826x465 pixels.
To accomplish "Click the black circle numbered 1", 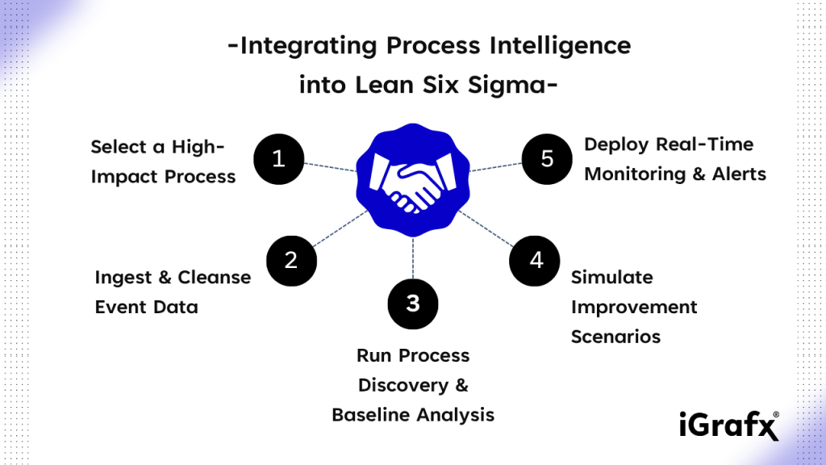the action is pyautogui.click(x=278, y=159).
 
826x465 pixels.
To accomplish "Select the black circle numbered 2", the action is pyautogui.click(x=291, y=261).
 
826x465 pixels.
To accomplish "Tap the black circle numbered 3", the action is pyautogui.click(x=413, y=304).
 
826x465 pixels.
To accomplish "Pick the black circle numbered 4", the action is pyautogui.click(x=535, y=261).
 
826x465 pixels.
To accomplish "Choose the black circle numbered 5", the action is pyautogui.click(x=547, y=159).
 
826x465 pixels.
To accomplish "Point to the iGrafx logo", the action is pyautogui.click(x=729, y=425).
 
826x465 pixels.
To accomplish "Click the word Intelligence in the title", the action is pyautogui.click(x=560, y=46).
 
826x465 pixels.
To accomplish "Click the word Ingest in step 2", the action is pyautogui.click(x=123, y=278).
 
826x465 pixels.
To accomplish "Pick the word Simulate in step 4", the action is pyautogui.click(x=612, y=278).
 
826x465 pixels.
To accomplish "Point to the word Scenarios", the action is pyautogui.click(x=615, y=337).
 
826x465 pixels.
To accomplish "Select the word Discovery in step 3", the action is pyautogui.click(x=403, y=385).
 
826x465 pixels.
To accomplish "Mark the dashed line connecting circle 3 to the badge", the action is pyautogui.click(x=413, y=258).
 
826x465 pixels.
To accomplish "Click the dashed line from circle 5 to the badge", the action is pyautogui.click(x=496, y=167).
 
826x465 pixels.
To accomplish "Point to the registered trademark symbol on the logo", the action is pyautogui.click(x=776, y=415).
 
